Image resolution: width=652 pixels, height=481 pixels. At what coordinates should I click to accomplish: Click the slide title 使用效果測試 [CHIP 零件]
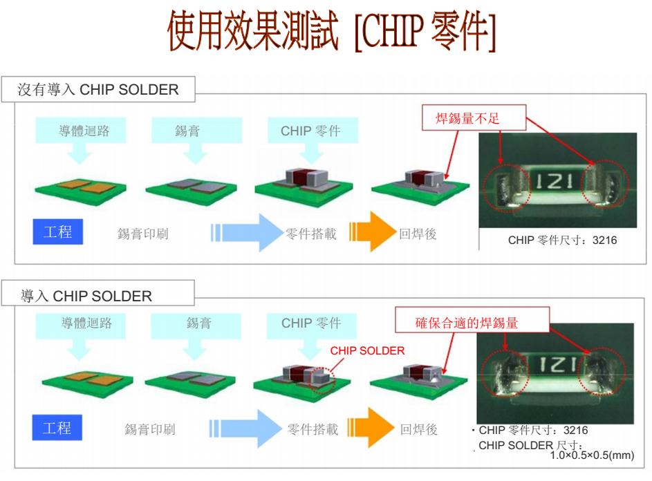click(331, 31)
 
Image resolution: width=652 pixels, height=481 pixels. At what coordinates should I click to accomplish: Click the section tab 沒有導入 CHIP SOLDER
click(98, 89)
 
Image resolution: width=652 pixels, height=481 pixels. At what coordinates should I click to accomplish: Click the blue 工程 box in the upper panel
click(58, 232)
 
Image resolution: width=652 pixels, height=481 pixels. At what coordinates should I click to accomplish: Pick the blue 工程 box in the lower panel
click(57, 427)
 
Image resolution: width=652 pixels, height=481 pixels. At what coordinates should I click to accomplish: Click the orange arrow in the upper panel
click(373, 232)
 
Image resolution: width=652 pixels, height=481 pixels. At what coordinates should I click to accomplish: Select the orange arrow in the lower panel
click(371, 427)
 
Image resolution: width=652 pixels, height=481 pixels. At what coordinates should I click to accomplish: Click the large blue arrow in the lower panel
click(245, 428)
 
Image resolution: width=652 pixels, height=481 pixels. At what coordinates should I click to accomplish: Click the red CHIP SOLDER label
click(367, 351)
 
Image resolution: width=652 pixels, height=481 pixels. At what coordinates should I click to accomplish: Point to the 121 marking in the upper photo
click(555, 182)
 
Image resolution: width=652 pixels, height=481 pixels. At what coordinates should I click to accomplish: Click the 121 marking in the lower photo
click(557, 365)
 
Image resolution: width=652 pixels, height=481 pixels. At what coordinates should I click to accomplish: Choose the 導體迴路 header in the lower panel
click(86, 323)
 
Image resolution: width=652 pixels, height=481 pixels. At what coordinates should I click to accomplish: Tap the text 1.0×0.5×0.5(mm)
click(592, 455)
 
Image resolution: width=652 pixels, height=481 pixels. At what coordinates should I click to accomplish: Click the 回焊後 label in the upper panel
click(418, 234)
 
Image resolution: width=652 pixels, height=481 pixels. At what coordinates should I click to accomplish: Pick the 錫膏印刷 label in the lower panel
click(150, 429)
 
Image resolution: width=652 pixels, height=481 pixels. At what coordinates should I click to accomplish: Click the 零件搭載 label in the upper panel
click(311, 234)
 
